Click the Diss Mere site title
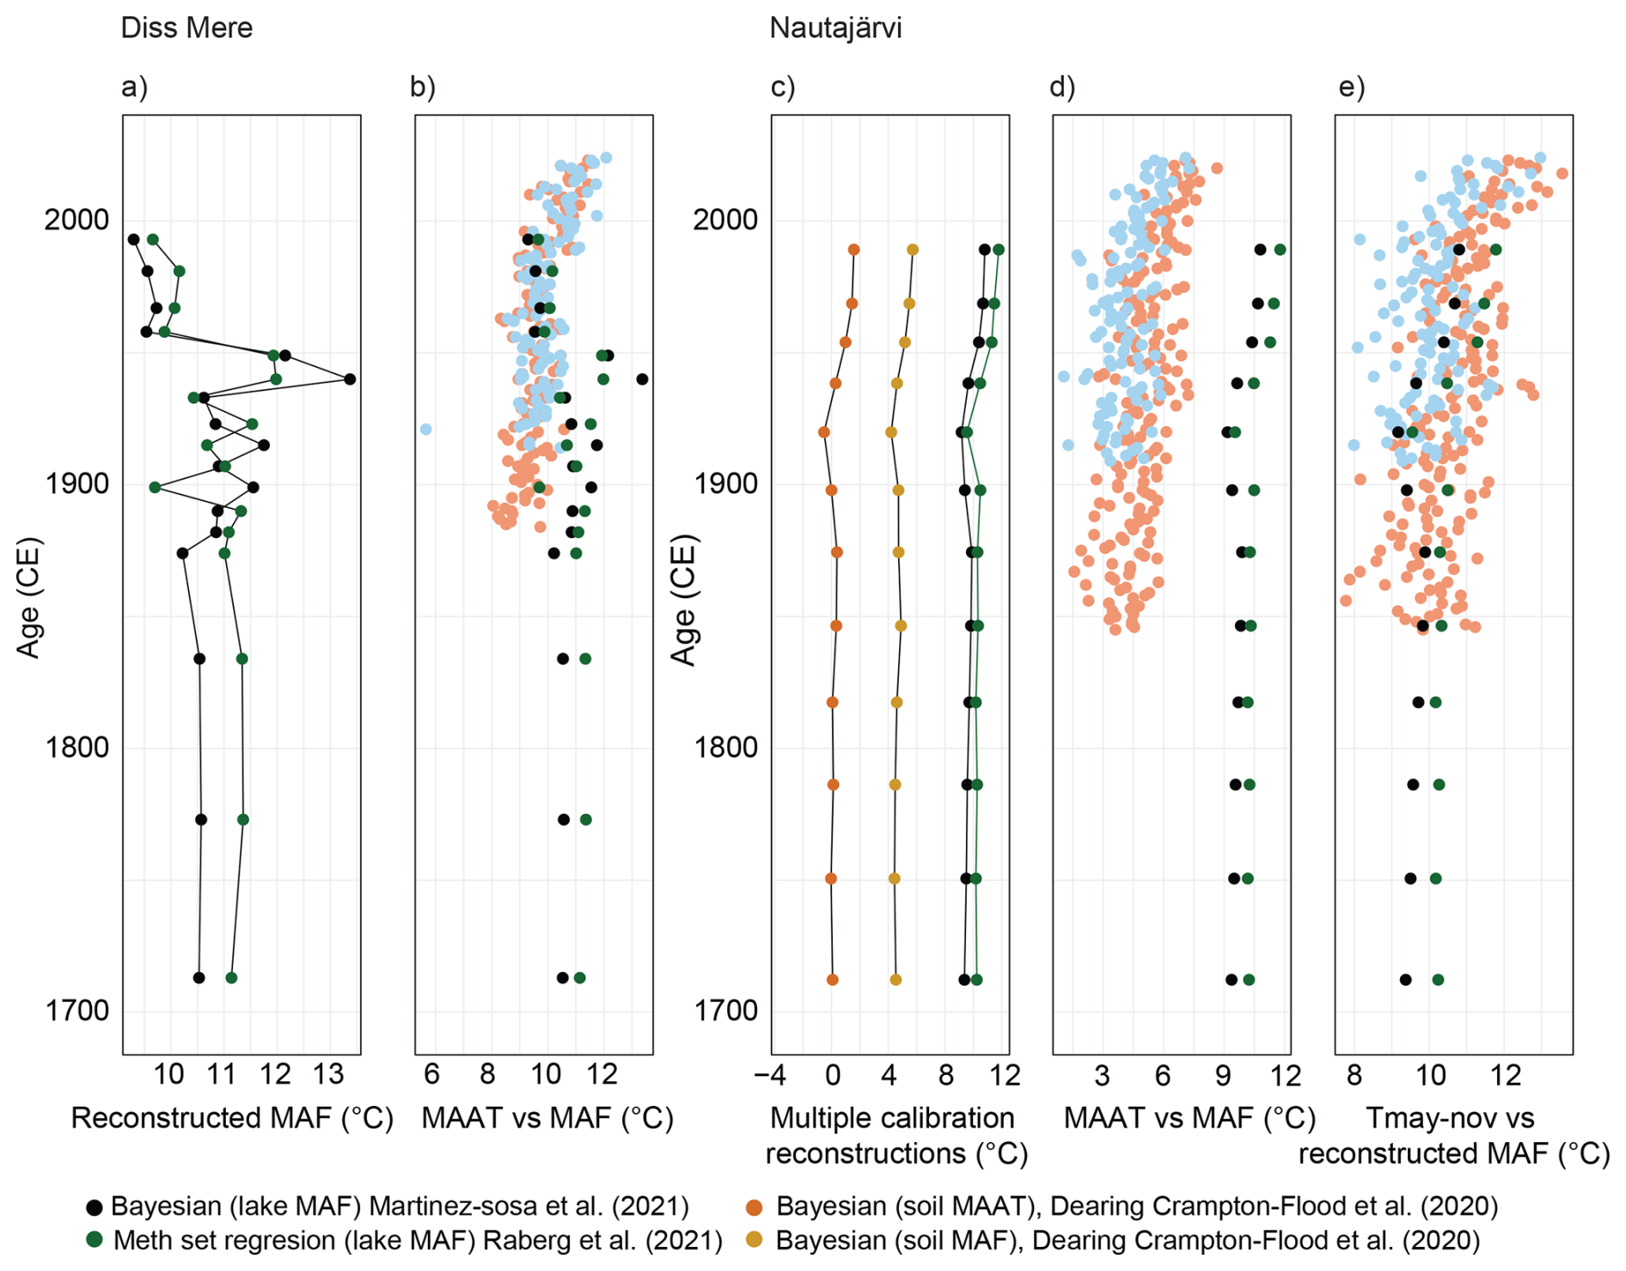[186, 27]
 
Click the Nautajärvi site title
[835, 27]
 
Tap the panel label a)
[134, 87]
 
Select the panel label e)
[1352, 87]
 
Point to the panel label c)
[783, 87]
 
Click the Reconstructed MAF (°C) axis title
[232, 1118]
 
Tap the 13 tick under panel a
[328, 1074]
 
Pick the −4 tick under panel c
[769, 1074]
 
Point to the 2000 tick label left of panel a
[77, 220]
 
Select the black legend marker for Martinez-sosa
[95, 1207]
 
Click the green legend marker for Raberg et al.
[95, 1241]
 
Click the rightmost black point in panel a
[350, 379]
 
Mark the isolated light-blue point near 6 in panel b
[425, 429]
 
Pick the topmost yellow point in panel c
[913, 250]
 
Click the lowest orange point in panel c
[832, 980]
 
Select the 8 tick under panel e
[1354, 1074]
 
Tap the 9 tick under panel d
[1223, 1074]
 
